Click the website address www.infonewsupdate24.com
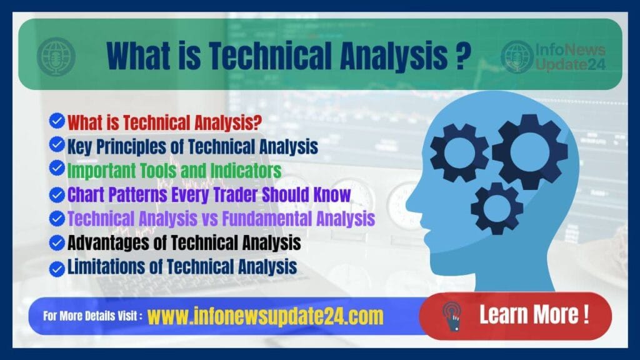tap(265, 316)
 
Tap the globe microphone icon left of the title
tap(56, 57)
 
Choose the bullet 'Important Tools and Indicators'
tap(174, 170)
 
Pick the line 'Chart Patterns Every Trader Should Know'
tap(209, 194)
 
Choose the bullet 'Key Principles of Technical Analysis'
tap(192, 146)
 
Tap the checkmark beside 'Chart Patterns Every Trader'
tap(57, 194)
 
